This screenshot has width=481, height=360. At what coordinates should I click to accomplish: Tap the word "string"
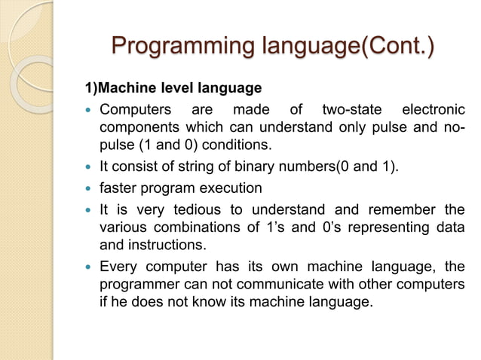[x=194, y=166]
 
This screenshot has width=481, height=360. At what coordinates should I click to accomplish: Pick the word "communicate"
[x=265, y=284]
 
